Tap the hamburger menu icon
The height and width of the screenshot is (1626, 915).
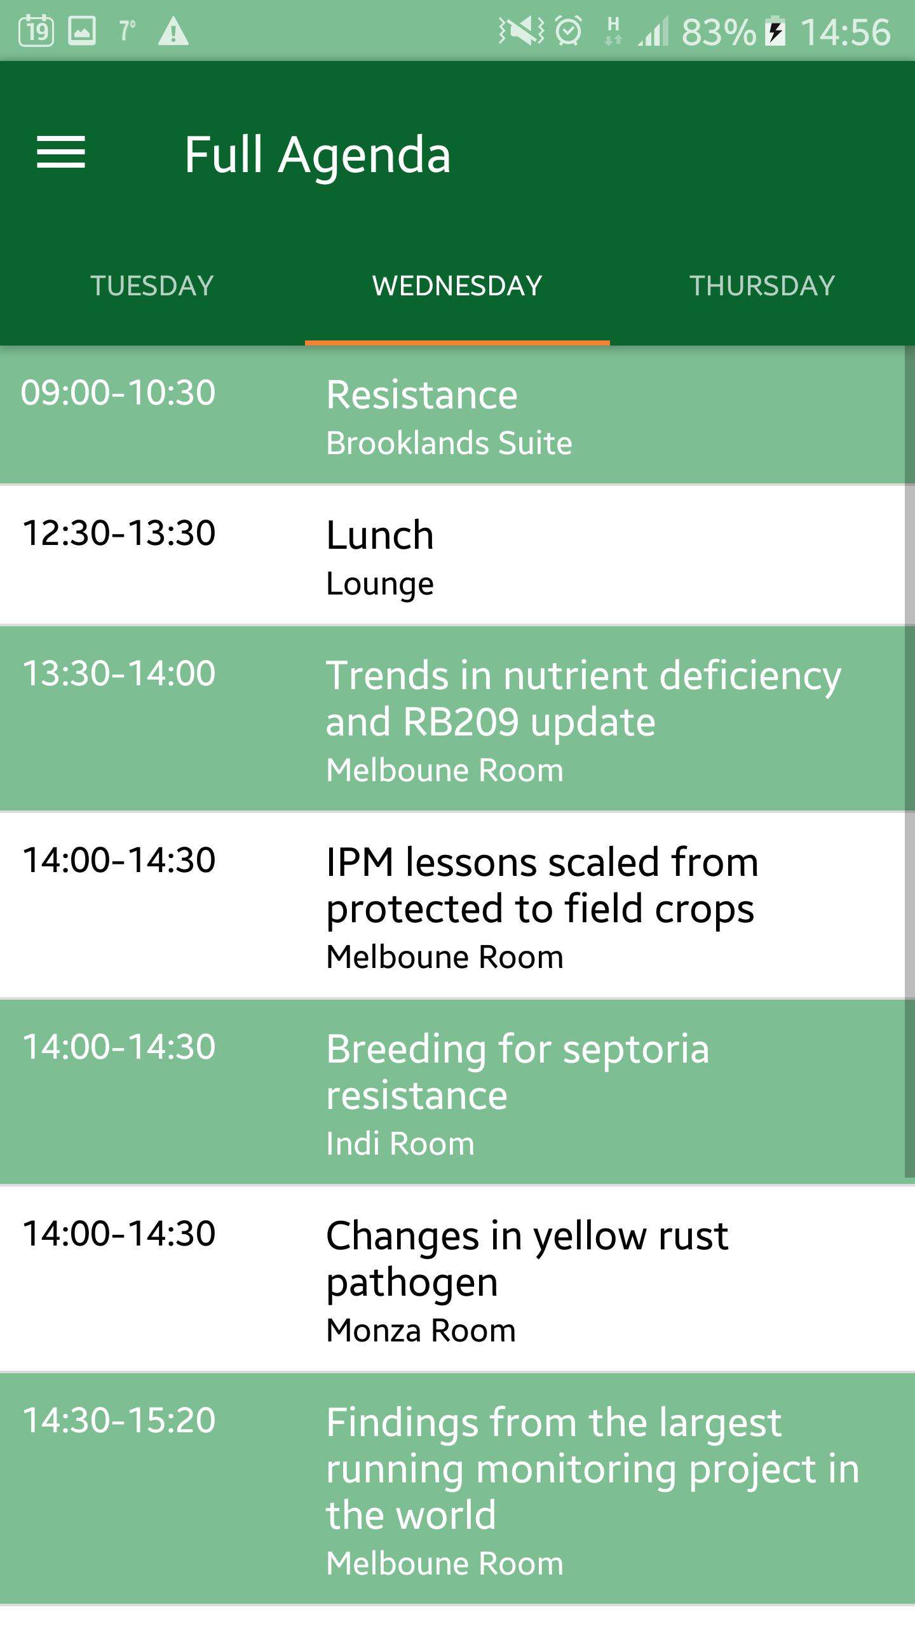tap(61, 153)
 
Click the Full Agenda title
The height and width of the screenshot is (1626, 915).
tap(318, 156)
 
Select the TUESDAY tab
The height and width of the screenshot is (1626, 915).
tap(152, 286)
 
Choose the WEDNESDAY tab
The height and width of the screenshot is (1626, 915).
tap(457, 286)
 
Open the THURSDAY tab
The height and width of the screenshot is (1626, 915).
tap(762, 286)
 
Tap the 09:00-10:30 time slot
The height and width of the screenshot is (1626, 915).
tap(118, 393)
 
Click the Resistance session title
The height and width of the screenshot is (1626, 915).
tap(422, 394)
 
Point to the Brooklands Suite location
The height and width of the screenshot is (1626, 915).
tap(449, 443)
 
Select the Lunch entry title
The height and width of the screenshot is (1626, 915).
tap(380, 535)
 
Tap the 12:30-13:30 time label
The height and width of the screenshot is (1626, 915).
tap(119, 533)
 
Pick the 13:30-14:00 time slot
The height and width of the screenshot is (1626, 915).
tap(119, 673)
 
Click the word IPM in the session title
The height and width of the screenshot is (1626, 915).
tap(360, 863)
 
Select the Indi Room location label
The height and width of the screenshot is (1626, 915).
tap(400, 1143)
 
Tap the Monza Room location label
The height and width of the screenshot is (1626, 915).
tap(421, 1330)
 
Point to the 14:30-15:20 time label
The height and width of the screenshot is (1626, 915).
tap(119, 1420)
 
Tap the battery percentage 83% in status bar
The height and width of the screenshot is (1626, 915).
tap(719, 32)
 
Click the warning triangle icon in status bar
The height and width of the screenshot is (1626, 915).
tap(173, 32)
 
